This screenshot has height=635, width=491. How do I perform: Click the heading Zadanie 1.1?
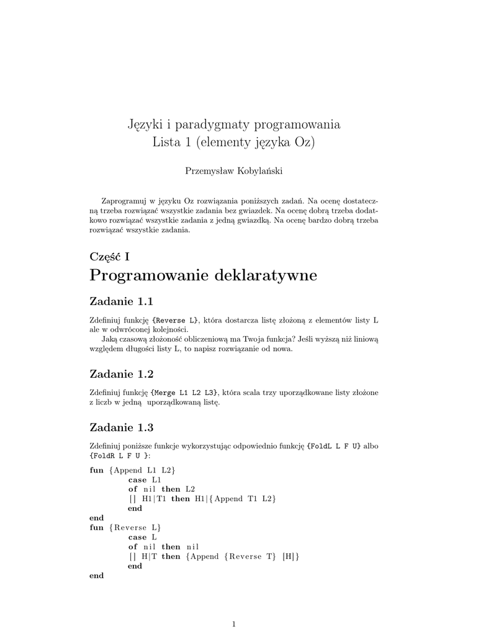tap(121, 301)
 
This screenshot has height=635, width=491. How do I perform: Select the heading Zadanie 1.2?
tap(121, 374)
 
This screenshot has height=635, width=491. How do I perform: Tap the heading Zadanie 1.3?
tap(121, 427)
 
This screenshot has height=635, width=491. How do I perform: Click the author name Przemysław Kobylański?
tap(233, 171)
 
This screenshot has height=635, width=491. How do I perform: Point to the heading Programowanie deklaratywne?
tap(203, 275)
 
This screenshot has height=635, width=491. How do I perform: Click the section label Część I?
tap(109, 256)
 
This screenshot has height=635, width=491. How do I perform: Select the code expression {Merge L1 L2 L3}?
tap(184, 393)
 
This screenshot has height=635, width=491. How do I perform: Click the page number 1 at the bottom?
tap(233, 624)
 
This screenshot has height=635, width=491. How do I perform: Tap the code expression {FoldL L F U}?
tap(334, 446)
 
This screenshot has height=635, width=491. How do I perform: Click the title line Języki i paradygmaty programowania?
tap(233, 124)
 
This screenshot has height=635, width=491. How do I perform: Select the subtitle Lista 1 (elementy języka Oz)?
tap(233, 142)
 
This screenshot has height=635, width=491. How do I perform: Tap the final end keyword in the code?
tap(97, 575)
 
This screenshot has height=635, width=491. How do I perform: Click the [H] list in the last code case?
tap(290, 556)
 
